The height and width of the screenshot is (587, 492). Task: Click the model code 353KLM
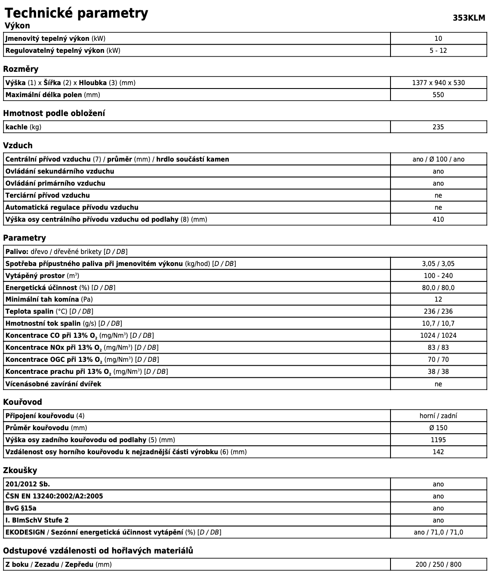pos(469,18)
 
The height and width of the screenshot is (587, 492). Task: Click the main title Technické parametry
pos(76,13)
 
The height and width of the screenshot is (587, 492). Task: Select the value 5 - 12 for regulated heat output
pos(438,50)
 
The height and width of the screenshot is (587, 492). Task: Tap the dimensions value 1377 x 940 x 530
pos(438,83)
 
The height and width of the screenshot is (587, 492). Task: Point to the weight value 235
pos(438,127)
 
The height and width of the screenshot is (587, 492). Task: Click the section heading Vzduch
pos(18,145)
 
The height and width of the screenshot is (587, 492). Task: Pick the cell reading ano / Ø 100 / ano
pos(438,159)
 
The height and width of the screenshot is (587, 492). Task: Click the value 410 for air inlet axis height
pos(438,219)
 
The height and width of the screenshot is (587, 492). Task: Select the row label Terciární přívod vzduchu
pos(48,195)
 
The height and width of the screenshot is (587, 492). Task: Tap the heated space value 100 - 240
pos(438,275)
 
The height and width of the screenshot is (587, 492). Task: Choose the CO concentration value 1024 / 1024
pos(438,335)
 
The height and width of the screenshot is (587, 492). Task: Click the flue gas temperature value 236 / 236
pos(438,311)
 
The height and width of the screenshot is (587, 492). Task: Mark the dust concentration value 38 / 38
pos(438,371)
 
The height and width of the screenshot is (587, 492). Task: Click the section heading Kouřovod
pos(22,402)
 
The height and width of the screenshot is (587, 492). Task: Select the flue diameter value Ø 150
pos(438,428)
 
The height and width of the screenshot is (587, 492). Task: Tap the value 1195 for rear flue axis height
pos(438,440)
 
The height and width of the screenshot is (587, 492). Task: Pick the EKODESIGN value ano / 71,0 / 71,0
pos(438,532)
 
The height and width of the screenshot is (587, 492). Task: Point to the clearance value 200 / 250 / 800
pos(438,564)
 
